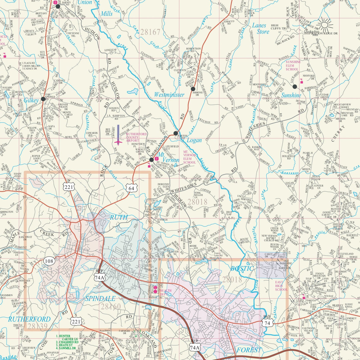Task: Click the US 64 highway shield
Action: click(x=131, y=188)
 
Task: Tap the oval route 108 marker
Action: click(x=49, y=261)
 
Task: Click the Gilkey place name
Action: click(x=31, y=100)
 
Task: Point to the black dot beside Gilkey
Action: click(x=43, y=99)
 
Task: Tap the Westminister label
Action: click(x=169, y=95)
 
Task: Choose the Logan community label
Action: click(x=194, y=140)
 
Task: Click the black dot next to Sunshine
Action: click(x=294, y=87)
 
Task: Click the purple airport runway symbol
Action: click(x=118, y=135)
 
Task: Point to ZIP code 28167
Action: click(x=150, y=32)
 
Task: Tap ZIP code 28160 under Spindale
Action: click(x=111, y=306)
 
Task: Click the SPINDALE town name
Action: click(x=100, y=298)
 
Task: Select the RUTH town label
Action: click(x=119, y=217)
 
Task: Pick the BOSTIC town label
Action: click(x=242, y=269)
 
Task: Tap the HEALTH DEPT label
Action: click(x=166, y=292)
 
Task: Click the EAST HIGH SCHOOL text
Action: click(x=281, y=286)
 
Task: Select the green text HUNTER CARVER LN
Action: click(x=66, y=338)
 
